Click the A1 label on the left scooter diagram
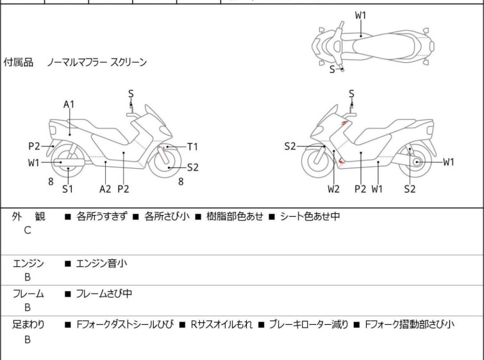(69, 104)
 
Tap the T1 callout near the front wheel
(192, 146)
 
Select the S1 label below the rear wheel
(67, 189)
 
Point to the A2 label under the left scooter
(105, 189)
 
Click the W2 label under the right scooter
(333, 189)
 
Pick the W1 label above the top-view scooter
(361, 15)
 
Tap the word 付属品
(19, 63)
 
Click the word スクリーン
(129, 63)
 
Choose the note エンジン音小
(101, 262)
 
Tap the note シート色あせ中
(310, 216)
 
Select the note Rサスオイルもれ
(221, 325)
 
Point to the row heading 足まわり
(28, 325)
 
